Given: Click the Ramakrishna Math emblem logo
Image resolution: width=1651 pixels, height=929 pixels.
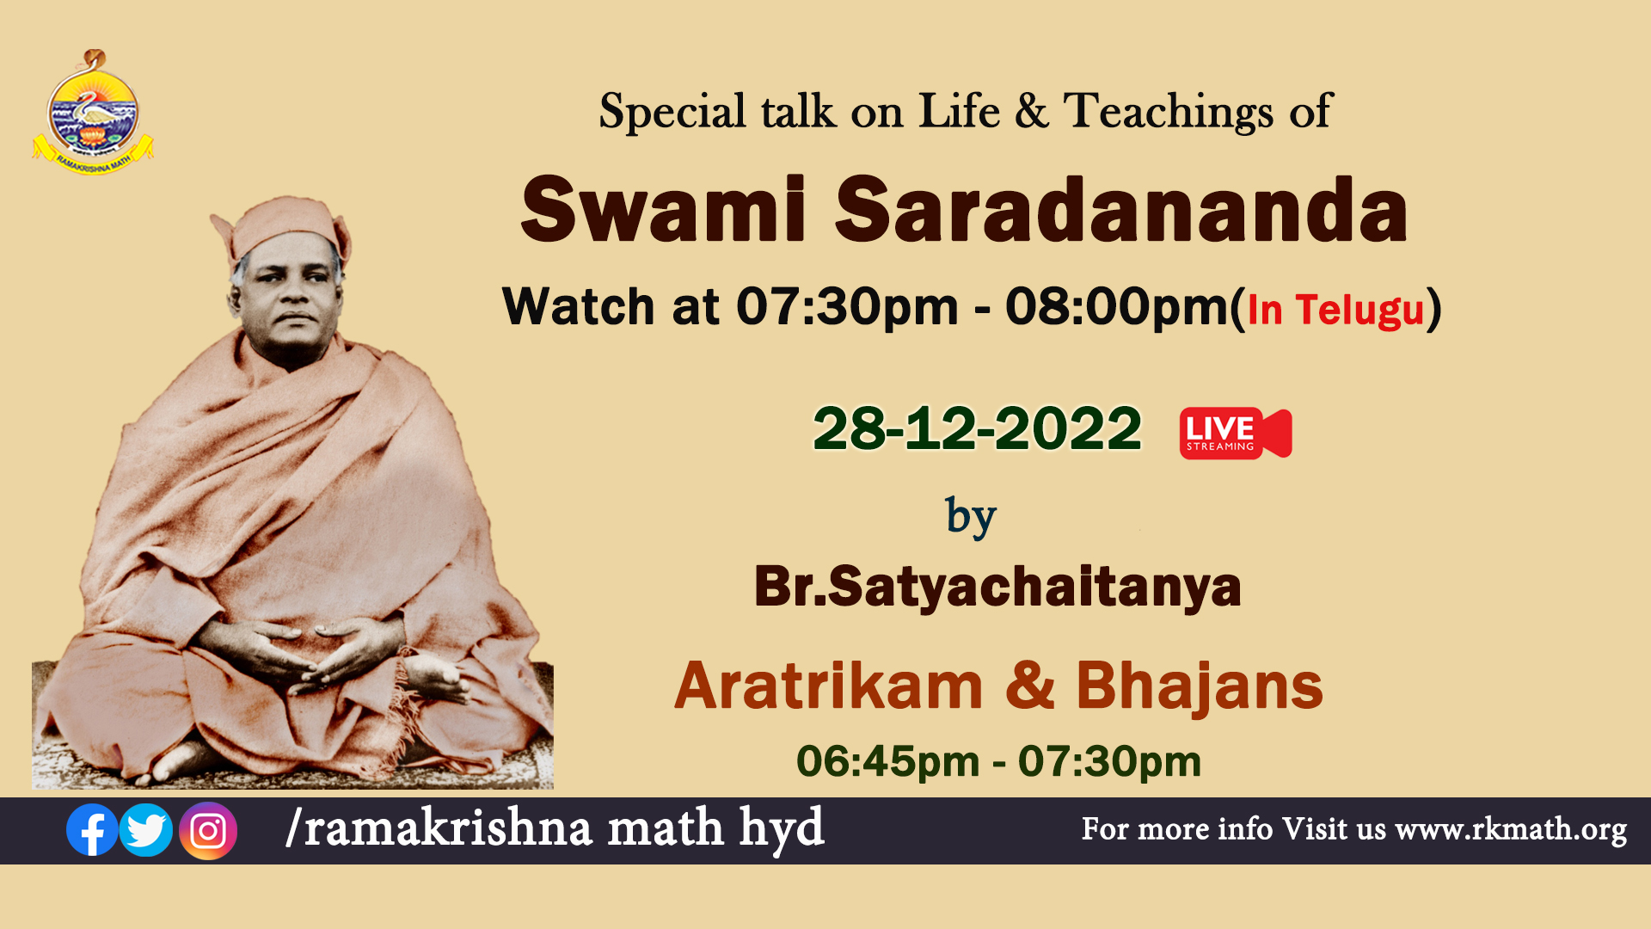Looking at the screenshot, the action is [x=93, y=112].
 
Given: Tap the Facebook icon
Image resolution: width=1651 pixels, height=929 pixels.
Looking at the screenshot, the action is [x=92, y=830].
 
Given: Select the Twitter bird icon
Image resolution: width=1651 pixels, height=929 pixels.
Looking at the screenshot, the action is [x=145, y=830].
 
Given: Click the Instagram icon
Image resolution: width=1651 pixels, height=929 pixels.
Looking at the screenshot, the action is [x=208, y=831].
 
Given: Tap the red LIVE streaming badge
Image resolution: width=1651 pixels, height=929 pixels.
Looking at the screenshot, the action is [x=1236, y=434].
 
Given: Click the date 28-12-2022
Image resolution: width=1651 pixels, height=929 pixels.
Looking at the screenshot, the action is [x=978, y=428].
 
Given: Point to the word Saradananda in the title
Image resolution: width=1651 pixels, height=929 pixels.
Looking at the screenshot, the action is [x=1121, y=210].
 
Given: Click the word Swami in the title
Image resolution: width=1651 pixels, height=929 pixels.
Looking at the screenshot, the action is [x=664, y=210].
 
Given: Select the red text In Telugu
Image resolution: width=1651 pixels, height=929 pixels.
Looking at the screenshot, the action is [x=1335, y=310].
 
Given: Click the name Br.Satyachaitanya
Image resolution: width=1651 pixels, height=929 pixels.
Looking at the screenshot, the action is [x=997, y=588].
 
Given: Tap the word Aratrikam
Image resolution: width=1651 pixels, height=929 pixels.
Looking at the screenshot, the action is [x=828, y=686].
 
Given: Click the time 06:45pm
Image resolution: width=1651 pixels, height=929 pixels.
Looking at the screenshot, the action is [x=888, y=762].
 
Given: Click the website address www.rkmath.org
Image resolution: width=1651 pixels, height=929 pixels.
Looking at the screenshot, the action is [x=1511, y=830].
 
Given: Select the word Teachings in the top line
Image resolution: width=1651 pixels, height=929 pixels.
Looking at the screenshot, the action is [x=1169, y=112].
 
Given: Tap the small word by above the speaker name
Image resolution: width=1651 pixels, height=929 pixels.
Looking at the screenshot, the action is [x=971, y=517].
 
